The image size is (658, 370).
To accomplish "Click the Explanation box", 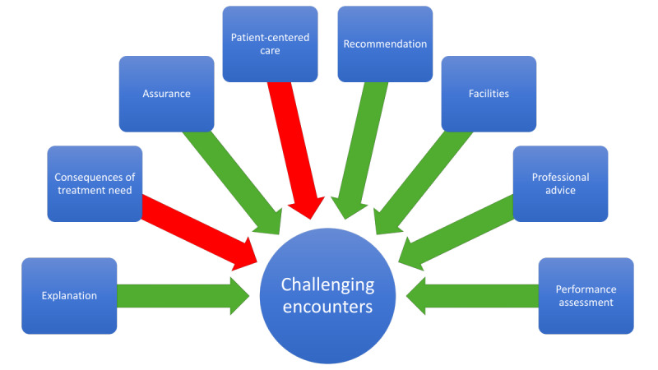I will [69, 295].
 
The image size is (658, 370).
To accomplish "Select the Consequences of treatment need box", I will [95, 183].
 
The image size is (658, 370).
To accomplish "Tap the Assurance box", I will [166, 94].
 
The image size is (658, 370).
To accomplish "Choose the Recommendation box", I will [385, 44].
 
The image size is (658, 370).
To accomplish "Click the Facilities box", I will [489, 94].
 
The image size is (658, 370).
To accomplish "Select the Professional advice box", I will [560, 183].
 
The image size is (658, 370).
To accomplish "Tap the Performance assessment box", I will [586, 295].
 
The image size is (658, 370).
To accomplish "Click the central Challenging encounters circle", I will [327, 295].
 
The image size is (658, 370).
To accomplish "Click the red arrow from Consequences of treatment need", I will [197, 234].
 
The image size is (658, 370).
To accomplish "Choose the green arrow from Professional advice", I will [456, 235].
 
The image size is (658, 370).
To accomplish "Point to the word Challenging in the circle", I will [327, 285].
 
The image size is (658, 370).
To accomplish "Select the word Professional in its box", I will [560, 177].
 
